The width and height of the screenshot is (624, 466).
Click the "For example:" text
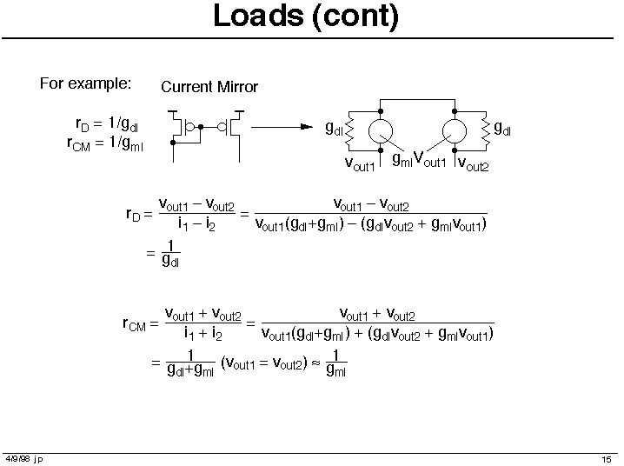pos(85,84)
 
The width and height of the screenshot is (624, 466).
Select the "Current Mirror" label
pos(209,87)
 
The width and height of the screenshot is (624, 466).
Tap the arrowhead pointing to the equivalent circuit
pos(305,127)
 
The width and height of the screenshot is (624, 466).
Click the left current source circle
pos(381,130)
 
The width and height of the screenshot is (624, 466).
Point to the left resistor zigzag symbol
pos(349,130)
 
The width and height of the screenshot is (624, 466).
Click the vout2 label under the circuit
pos(473,164)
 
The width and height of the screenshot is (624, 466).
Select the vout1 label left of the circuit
pos(360,163)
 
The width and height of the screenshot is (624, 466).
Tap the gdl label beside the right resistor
pos(502,130)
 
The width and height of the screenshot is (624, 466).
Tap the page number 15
pos(607,459)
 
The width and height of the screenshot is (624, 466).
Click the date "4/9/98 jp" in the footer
pos(24,459)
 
